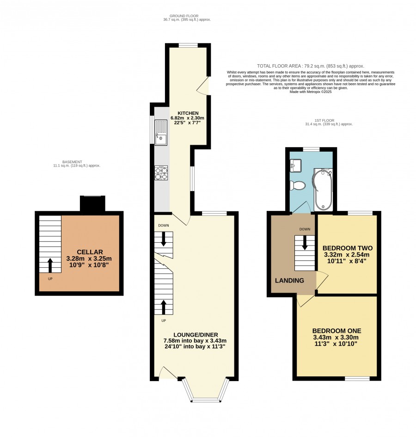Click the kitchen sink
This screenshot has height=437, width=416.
[x=161, y=133]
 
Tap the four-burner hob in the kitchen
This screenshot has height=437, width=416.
[x=161, y=173]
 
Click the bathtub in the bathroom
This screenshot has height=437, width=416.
[x=323, y=190]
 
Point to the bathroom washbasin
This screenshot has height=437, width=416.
[x=296, y=165]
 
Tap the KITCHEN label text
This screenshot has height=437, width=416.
[x=188, y=113]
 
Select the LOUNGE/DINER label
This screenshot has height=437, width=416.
[x=196, y=335]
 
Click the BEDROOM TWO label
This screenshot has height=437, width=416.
[x=348, y=248]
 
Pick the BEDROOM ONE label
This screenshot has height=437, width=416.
[x=336, y=331]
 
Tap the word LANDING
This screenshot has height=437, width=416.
[x=289, y=281]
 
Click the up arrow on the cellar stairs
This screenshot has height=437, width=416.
[x=50, y=265]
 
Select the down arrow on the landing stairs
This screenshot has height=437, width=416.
[x=305, y=243]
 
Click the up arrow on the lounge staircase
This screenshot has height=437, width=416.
[x=163, y=307]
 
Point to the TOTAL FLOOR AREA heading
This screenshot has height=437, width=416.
[x=311, y=66]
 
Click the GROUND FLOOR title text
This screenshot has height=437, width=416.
[x=184, y=16]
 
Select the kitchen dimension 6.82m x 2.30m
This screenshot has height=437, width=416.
[x=188, y=118]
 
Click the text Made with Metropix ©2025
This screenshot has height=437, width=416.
[x=311, y=92]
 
